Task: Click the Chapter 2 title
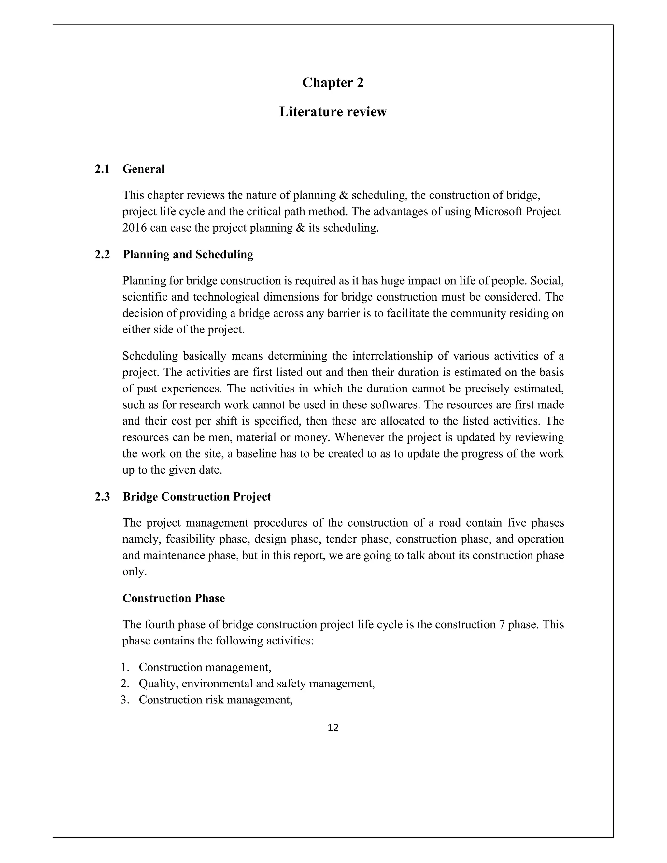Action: pos(333,83)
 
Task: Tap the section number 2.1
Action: pos(102,169)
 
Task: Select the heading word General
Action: pos(143,169)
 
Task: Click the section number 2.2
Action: pos(102,254)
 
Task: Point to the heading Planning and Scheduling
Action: pos(188,254)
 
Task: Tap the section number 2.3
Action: pos(102,497)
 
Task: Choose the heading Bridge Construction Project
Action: pos(197,497)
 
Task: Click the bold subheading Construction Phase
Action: pos(174,598)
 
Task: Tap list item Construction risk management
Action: pos(215,700)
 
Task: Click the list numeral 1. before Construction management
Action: pos(125,667)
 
